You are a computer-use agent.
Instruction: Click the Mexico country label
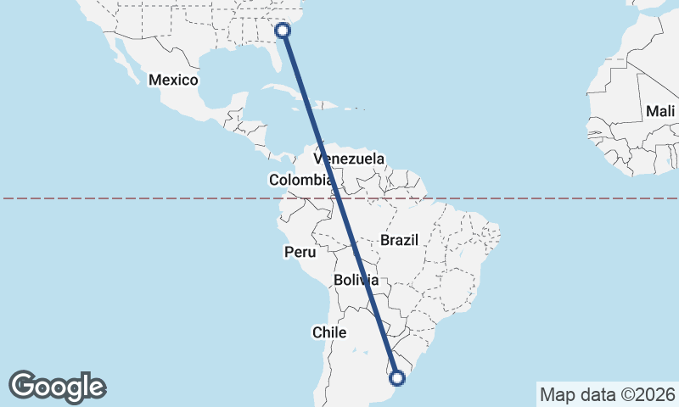(173, 81)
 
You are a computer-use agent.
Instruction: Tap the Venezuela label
(349, 159)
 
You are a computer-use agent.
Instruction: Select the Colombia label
(300, 180)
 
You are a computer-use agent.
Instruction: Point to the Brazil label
(400, 240)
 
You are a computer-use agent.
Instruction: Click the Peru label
(300, 252)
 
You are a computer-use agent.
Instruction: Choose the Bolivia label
(356, 279)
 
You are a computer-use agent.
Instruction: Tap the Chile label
(329, 332)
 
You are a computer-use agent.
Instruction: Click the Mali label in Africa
(659, 111)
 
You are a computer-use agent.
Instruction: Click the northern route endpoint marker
(283, 31)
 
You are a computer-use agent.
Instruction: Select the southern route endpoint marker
(396, 377)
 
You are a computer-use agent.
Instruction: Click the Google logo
(57, 387)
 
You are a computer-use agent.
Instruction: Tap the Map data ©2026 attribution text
(607, 394)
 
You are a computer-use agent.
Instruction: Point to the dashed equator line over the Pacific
(127, 198)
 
